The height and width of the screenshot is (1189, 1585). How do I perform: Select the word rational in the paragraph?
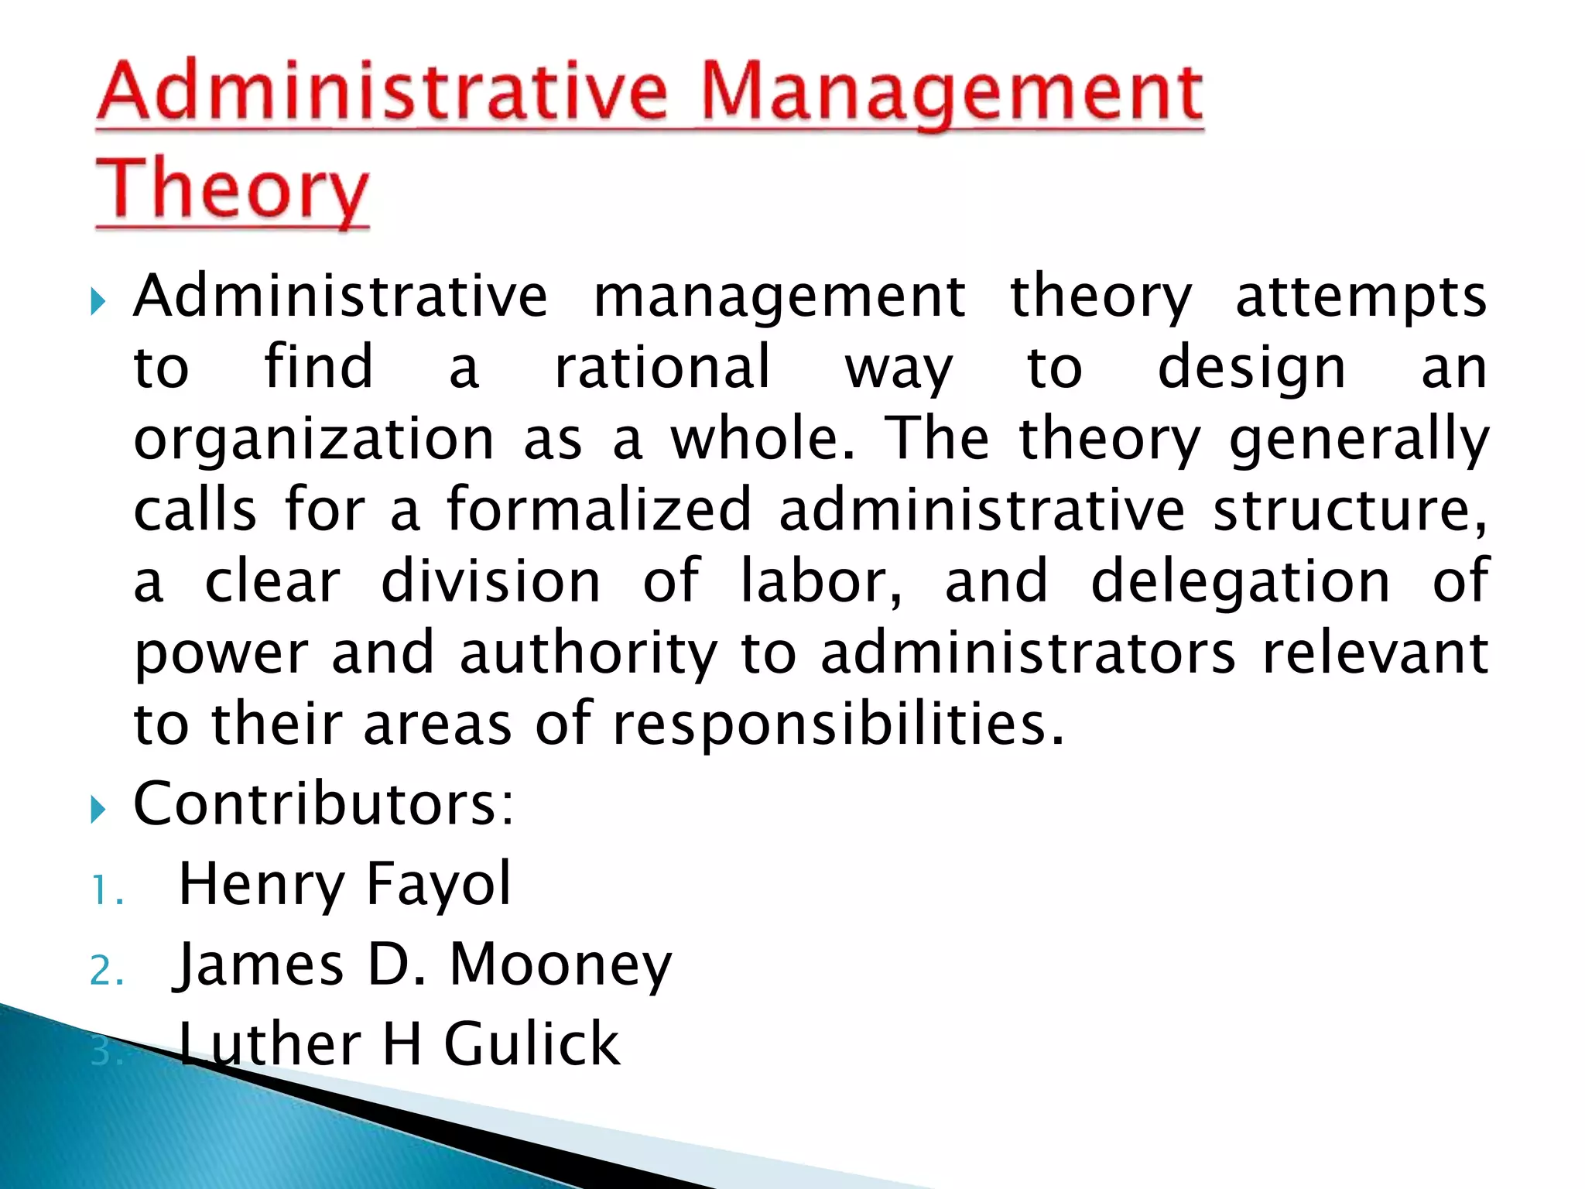pyautogui.click(x=662, y=367)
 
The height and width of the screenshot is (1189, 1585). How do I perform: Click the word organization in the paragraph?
pyautogui.click(x=313, y=440)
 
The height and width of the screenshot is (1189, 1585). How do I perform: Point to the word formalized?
pyautogui.click(x=598, y=509)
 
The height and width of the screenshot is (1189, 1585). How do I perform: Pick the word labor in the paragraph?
pyautogui.click(x=820, y=581)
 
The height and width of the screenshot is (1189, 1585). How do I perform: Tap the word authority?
pyautogui.click(x=588, y=653)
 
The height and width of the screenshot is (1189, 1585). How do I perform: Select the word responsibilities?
pyautogui.click(x=838, y=725)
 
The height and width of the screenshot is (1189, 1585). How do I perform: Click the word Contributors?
pyautogui.click(x=324, y=804)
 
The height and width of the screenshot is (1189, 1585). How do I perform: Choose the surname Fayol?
pyautogui.click(x=438, y=883)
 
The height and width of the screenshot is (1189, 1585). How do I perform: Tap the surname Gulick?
pyautogui.click(x=532, y=1044)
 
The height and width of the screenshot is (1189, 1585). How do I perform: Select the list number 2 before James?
pyautogui.click(x=106, y=971)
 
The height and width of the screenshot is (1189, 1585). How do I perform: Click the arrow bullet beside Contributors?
pyautogui.click(x=98, y=810)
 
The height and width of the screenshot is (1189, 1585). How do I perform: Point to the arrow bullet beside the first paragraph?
pyautogui.click(x=98, y=301)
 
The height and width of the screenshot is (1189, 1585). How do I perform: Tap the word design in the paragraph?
pyautogui.click(x=1251, y=368)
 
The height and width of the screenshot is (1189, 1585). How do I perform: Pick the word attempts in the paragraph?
pyautogui.click(x=1361, y=297)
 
